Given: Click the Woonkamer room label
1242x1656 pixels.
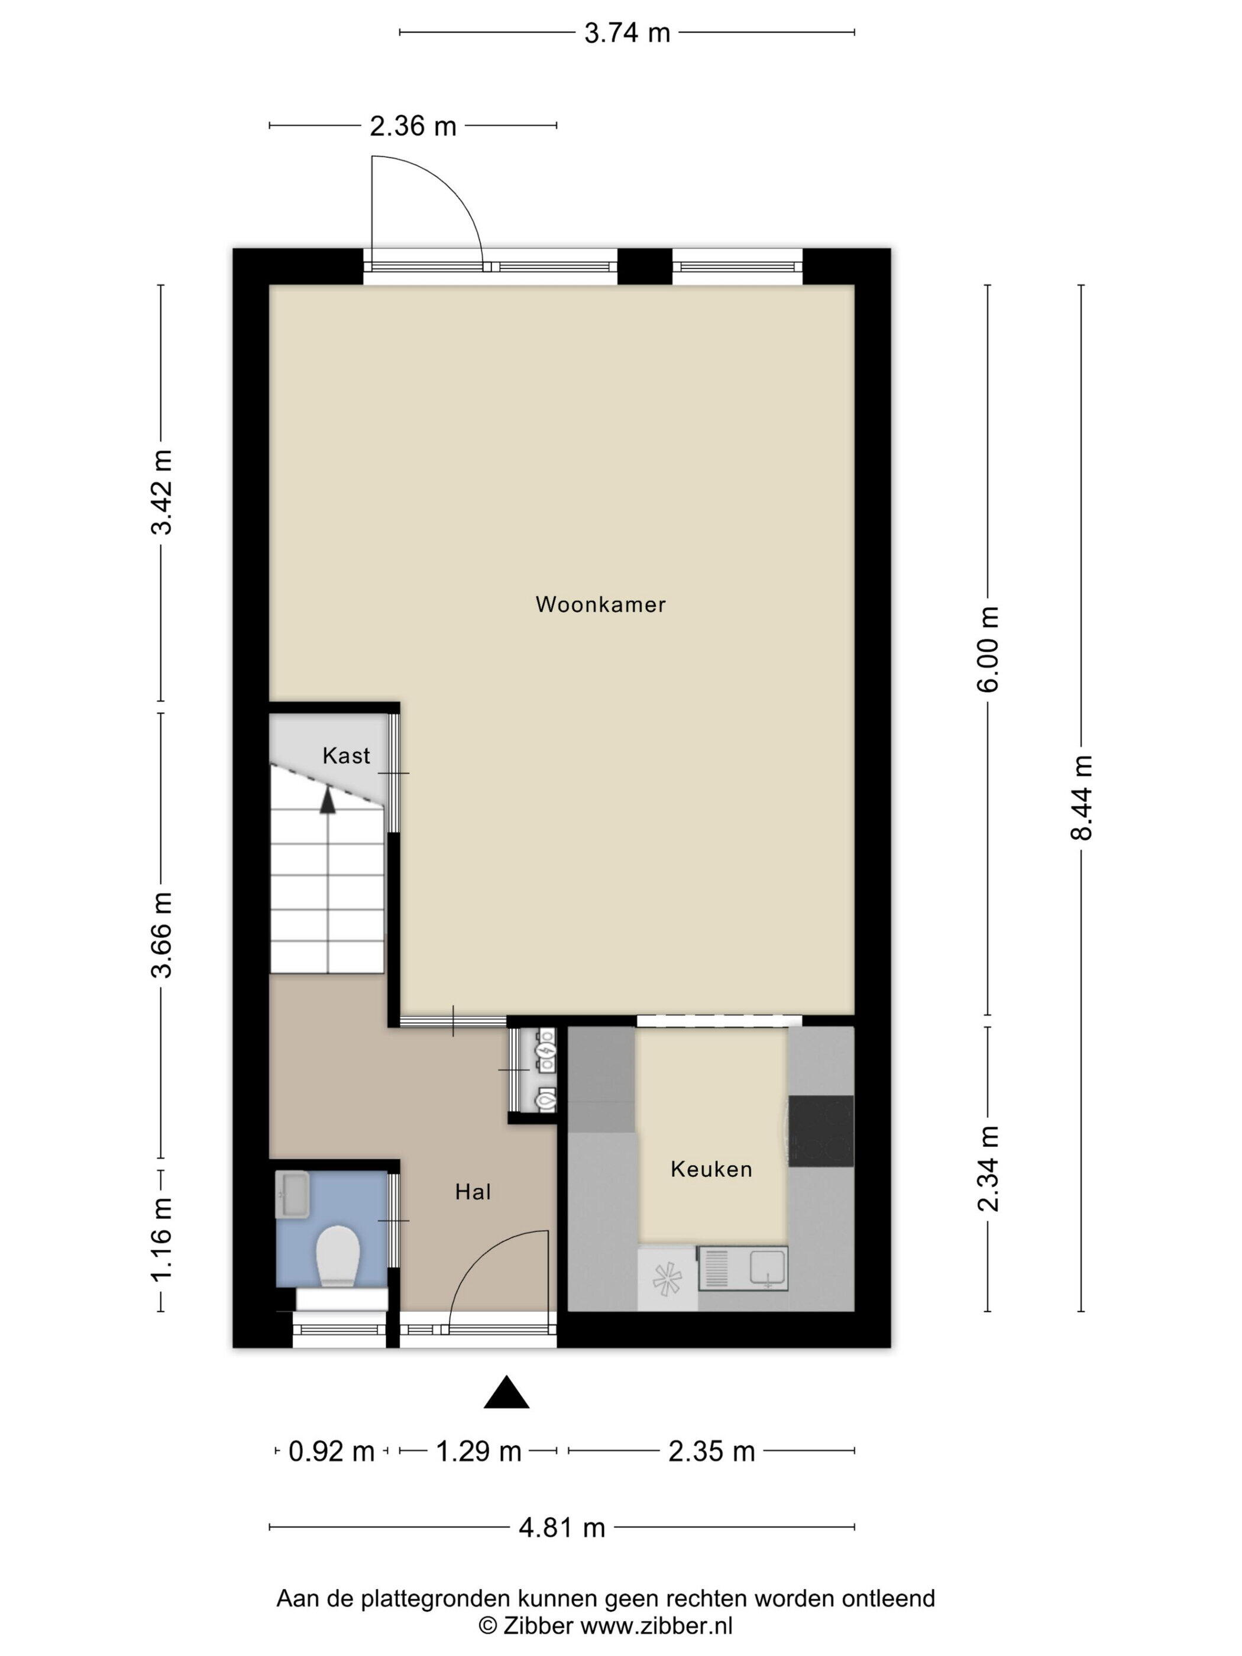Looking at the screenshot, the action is [x=600, y=604].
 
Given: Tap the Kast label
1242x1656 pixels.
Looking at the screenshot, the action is [x=346, y=755].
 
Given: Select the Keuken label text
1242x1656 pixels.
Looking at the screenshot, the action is [x=711, y=1169].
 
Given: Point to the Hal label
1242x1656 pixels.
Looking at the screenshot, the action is [x=473, y=1192].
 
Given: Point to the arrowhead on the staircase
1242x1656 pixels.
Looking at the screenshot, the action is [x=327, y=800].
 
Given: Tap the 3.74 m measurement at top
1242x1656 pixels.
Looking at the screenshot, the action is [x=628, y=33].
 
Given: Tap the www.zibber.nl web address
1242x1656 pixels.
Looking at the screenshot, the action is [x=656, y=1625].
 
